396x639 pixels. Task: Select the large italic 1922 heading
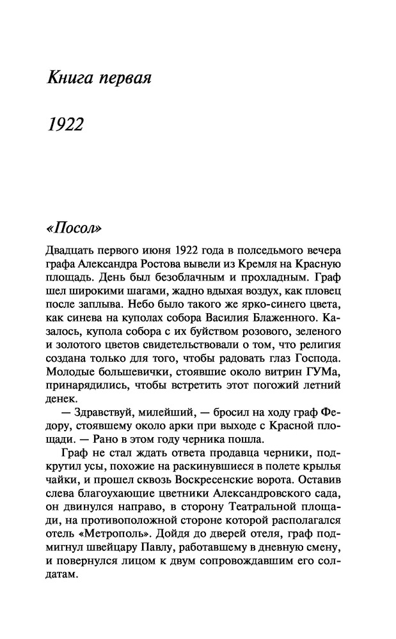pyautogui.click(x=66, y=124)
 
